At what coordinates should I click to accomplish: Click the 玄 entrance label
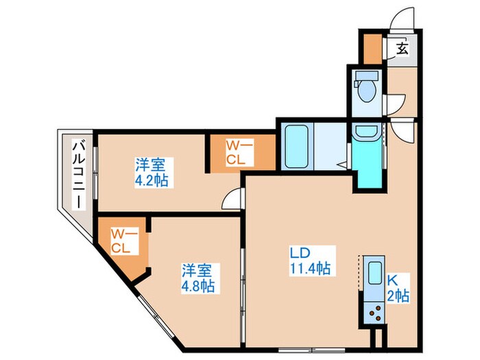[x=402, y=49]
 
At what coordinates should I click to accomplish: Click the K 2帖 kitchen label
[x=398, y=287]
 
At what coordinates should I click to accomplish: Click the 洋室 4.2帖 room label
[x=152, y=173]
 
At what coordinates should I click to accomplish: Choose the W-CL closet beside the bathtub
[x=242, y=152]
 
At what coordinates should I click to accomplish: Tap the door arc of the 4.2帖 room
[x=234, y=197]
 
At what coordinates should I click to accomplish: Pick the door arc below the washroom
[x=400, y=130]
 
